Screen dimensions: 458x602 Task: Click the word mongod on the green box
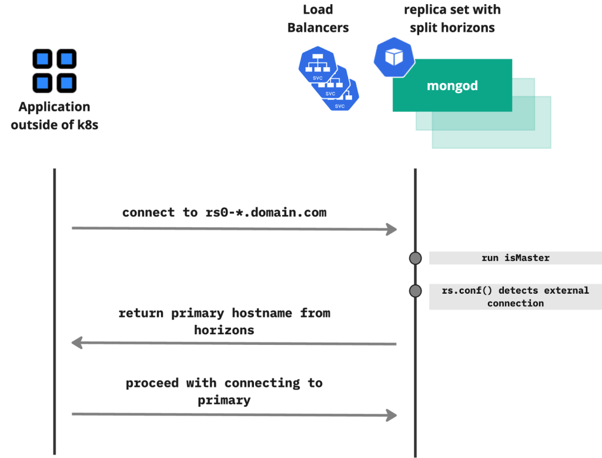452,86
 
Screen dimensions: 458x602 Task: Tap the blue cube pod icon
394,57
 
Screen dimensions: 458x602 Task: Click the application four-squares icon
54,70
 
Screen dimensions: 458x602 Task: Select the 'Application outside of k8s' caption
54,115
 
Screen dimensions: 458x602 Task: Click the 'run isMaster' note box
515,258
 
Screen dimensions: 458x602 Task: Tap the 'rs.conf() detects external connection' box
515,297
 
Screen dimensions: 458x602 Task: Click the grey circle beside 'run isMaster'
416,258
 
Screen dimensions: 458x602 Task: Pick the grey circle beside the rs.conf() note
416,291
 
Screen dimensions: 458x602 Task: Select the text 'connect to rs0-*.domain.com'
224,213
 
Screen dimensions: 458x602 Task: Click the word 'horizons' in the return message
224,330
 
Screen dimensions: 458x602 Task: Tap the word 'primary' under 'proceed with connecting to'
224,400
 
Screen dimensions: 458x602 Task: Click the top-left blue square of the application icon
43,59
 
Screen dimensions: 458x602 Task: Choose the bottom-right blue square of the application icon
66,81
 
